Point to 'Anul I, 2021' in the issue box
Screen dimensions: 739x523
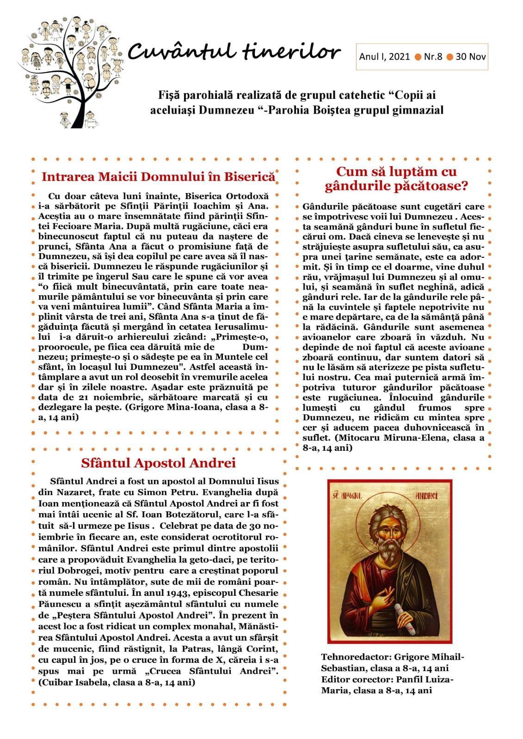pyautogui.click(x=384, y=57)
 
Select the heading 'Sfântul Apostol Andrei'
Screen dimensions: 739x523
pyautogui.click(x=158, y=463)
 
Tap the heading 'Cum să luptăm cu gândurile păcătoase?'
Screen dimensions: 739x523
pyautogui.click(x=396, y=179)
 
